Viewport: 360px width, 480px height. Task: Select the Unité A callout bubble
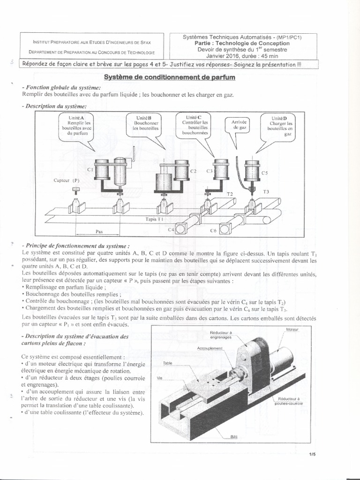click(x=75, y=127)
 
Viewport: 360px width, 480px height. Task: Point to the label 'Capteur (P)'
click(x=67, y=180)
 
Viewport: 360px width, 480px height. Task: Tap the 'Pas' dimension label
click(x=99, y=231)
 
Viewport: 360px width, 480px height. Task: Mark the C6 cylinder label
click(x=213, y=231)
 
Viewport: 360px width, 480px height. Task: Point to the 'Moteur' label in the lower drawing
click(x=292, y=330)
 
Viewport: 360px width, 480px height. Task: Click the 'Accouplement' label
click(x=210, y=349)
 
